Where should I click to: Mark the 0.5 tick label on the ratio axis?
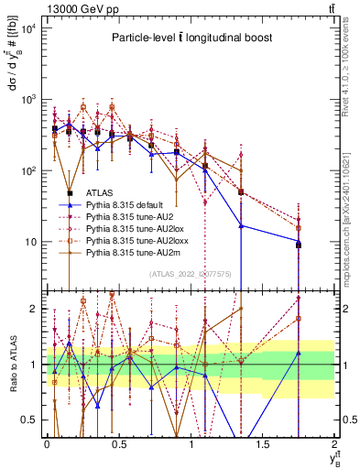pyautogui.click(x=31, y=420)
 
